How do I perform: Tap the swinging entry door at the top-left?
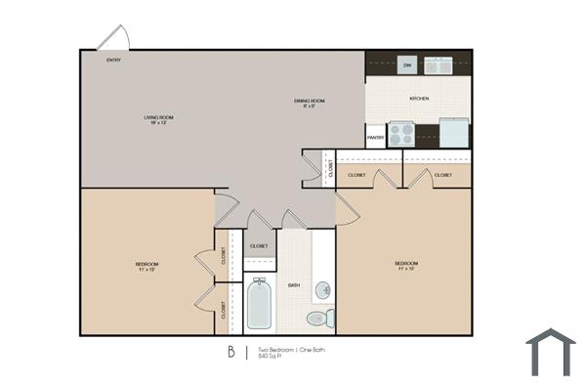[x=113, y=38]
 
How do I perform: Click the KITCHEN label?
[x=419, y=99]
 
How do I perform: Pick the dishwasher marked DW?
[x=407, y=65]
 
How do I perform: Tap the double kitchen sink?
[x=438, y=65]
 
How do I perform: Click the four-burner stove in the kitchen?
[x=401, y=134]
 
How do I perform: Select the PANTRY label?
[x=375, y=138]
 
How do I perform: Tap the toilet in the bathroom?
[x=319, y=318]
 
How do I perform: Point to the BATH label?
[x=294, y=285]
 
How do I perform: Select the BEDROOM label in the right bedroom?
[x=406, y=265]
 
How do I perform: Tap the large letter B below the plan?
[x=230, y=352]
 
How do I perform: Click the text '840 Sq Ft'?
[x=270, y=357]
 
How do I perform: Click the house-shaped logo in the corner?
[x=550, y=352]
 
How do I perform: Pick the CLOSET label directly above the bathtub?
[x=260, y=246]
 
